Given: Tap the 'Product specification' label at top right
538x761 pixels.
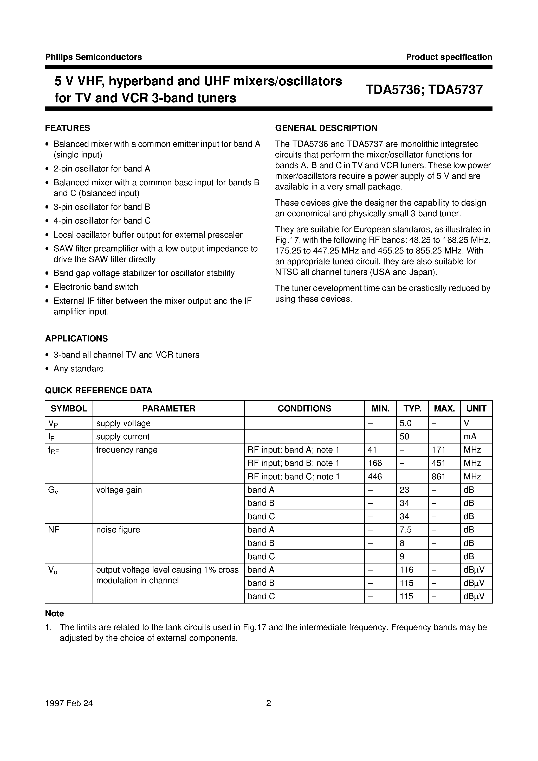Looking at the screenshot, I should [449, 57].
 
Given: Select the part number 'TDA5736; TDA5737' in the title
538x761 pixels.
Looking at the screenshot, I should [424, 90].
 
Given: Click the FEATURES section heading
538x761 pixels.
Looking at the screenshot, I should [68, 128].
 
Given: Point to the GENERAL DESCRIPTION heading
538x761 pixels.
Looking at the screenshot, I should [326, 128].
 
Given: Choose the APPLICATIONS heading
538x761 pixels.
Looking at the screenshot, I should [76, 339].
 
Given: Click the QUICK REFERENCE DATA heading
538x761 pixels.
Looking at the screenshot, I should [99, 390].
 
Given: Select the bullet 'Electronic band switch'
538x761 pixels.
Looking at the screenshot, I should [96, 287].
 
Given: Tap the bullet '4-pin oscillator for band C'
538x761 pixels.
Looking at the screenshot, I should [102, 221].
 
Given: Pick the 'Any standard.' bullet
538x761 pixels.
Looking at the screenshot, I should [80, 369].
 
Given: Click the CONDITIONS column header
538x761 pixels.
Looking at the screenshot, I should [304, 409].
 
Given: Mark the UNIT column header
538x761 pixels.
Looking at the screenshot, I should [476, 409].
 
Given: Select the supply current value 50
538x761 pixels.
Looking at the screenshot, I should [405, 437].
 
